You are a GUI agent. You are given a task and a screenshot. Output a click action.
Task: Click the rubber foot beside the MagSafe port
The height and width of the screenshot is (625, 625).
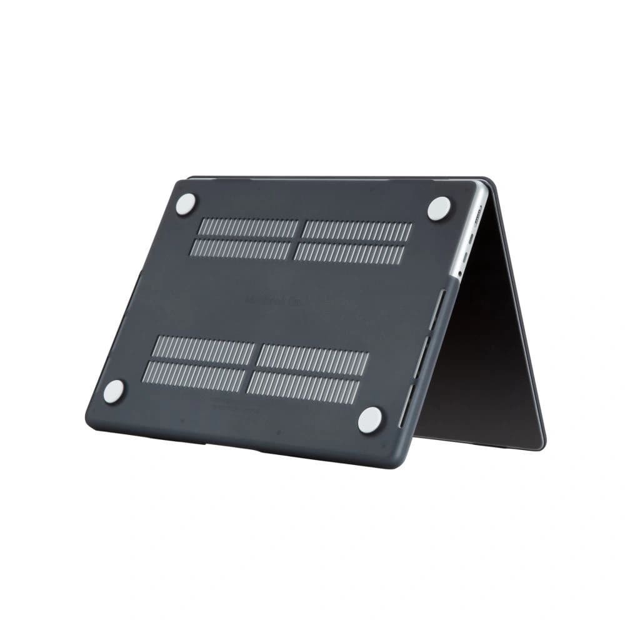[439, 208]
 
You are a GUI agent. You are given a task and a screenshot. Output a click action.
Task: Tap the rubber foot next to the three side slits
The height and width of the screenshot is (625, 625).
[370, 419]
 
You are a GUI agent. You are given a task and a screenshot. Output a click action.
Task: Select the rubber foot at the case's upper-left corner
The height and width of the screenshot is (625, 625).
[186, 204]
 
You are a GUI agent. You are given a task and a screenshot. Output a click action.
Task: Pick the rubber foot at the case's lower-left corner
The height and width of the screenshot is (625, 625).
[114, 392]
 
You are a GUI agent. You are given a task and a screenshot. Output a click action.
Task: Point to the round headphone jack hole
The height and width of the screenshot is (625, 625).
[461, 273]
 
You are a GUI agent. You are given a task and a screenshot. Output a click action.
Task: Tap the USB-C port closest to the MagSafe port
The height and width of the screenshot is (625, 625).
[474, 236]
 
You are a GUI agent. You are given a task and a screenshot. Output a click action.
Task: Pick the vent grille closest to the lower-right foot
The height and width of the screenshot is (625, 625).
[304, 387]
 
